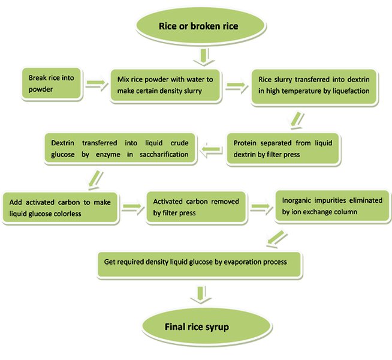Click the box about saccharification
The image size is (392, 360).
[119, 148]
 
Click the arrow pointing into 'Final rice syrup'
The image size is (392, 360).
[203, 293]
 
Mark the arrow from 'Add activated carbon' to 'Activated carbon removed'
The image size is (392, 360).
[132, 207]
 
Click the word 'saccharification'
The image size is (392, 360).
[166, 155]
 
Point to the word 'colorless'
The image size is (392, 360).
[95, 213]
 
